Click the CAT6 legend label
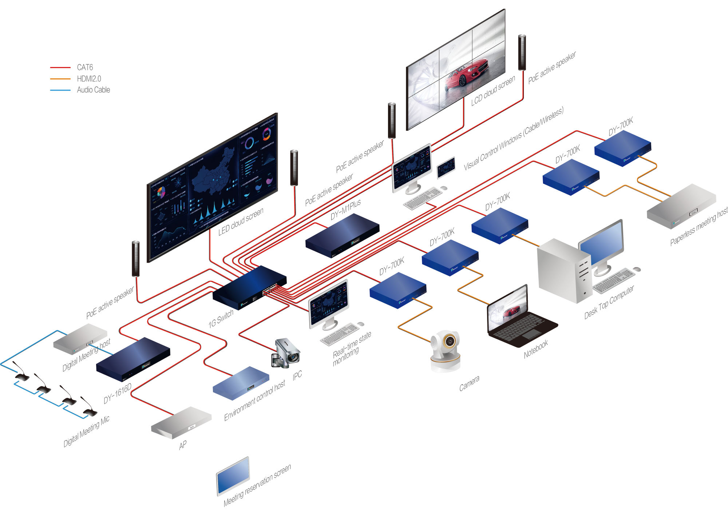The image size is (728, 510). [85, 67]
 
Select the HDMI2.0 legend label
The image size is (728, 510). [89, 79]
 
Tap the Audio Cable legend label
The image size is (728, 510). [93, 90]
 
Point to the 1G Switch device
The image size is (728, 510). [250, 288]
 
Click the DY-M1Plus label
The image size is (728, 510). [345, 210]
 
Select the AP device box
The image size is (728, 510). [181, 422]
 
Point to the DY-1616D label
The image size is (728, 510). [117, 394]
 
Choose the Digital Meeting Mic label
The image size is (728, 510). [86, 431]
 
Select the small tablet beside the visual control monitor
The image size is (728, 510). [446, 167]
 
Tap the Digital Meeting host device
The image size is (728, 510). [80, 339]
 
